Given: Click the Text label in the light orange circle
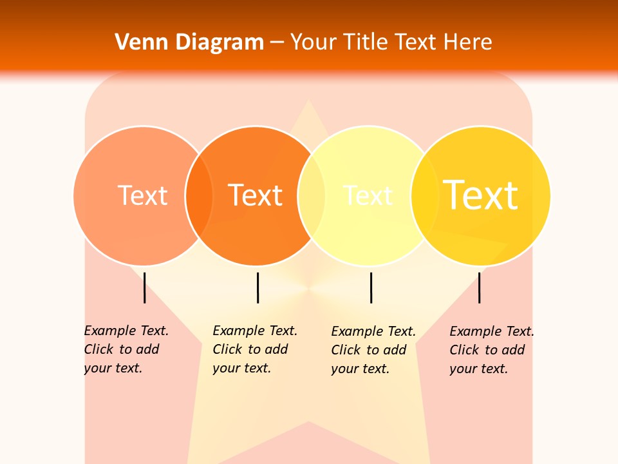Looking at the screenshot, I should pos(142,195).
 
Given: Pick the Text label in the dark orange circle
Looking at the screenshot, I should pos(256,195).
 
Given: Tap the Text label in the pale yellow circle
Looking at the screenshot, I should pos(368,195).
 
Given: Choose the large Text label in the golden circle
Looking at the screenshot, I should pos(481,195).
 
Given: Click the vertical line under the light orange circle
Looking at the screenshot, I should pos(144,287).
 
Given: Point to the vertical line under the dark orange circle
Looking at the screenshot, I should pos(257,287).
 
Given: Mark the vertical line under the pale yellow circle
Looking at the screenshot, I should pos(371,287).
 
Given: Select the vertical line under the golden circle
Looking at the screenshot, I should pos(479,287).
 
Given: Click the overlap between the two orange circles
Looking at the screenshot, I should pos(200,196).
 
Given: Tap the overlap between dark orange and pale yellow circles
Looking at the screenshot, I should pos(312,196).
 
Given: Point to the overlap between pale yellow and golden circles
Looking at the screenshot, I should pos(424,196).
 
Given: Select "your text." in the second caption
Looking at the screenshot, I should pos(242,368).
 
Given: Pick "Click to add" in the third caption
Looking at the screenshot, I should pos(369,350).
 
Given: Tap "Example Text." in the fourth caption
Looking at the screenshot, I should pos(492,332).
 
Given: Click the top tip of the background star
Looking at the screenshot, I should pos(309,102).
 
